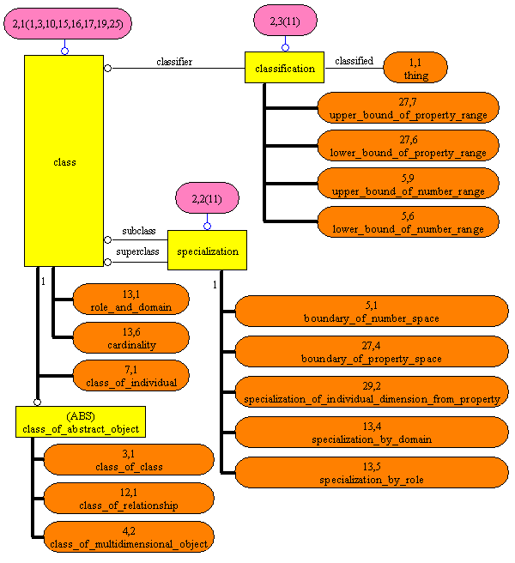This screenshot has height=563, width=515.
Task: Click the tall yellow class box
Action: click(64, 161)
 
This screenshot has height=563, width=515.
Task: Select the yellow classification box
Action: click(285, 68)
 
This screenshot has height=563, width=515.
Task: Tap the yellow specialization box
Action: click(206, 251)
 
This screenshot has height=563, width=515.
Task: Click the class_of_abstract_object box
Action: click(77, 422)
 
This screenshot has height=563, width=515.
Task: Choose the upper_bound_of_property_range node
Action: click(408, 108)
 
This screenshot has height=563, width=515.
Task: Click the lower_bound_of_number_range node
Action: click(408, 222)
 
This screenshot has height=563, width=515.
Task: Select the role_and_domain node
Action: click(130, 300)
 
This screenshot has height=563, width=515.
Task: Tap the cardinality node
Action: click(130, 338)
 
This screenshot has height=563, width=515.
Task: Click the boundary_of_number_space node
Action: click(372, 312)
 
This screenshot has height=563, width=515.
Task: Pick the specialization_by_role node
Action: click(372, 473)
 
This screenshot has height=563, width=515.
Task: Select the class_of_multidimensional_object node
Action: click(129, 537)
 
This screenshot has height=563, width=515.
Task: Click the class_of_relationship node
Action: click(129, 499)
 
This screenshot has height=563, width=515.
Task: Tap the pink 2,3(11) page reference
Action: click(286, 20)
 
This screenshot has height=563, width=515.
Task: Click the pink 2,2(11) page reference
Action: click(207, 198)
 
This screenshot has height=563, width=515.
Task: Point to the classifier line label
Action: click(174, 61)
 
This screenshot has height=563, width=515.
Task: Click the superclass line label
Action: click(137, 252)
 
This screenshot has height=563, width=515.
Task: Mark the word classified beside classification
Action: click(354, 61)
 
